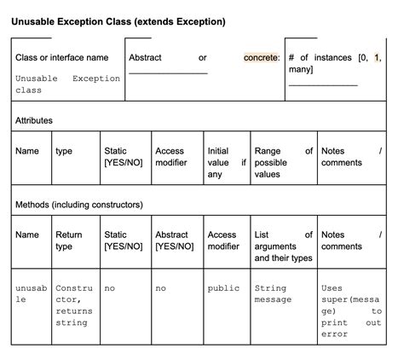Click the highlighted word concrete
(262, 57)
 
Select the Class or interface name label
(62, 57)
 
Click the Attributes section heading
(34, 120)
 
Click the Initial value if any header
(226, 162)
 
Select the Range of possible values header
(283, 162)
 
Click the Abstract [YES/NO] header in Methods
(175, 241)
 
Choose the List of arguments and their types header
(283, 246)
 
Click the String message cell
(273, 293)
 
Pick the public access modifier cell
(223, 288)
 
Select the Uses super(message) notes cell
(350, 311)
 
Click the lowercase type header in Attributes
(64, 151)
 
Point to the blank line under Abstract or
(168, 73)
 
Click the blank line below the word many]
(323, 84)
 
